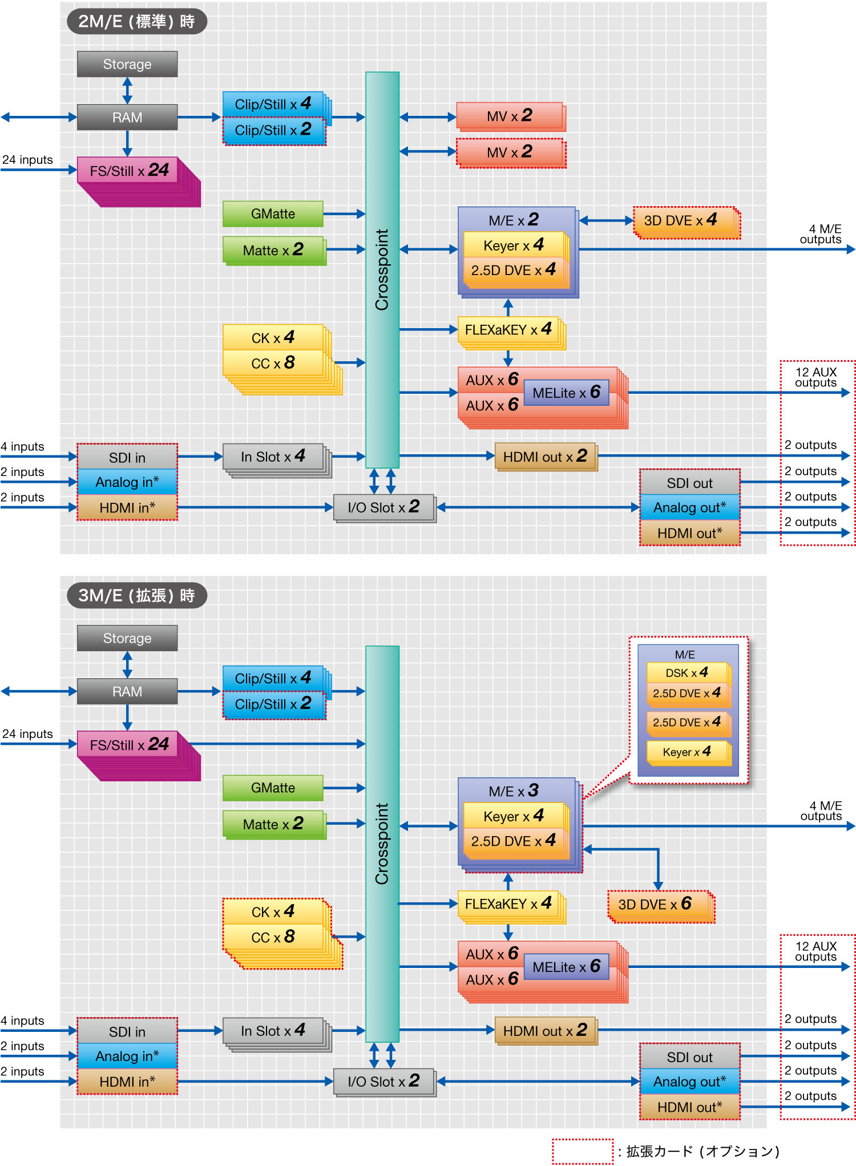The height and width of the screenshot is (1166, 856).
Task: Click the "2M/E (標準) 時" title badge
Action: (x=137, y=22)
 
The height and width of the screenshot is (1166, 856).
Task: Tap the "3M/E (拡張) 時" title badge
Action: (x=137, y=596)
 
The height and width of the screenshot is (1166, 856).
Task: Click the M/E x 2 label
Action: (x=514, y=220)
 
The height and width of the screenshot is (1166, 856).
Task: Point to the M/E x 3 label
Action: (x=514, y=790)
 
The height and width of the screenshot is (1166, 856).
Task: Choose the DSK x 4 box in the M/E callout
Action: (x=687, y=673)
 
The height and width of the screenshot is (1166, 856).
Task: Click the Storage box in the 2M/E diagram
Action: (x=127, y=64)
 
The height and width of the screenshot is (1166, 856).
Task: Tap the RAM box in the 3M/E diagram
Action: (x=127, y=691)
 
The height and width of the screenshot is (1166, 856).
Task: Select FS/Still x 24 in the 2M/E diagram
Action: (x=130, y=171)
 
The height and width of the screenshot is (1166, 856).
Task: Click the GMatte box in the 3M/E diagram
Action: (x=273, y=788)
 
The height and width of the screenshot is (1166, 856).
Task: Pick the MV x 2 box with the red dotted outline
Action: (x=510, y=152)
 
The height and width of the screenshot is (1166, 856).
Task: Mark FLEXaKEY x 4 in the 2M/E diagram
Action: (x=508, y=330)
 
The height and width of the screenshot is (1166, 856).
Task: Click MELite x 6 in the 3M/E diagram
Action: (x=566, y=967)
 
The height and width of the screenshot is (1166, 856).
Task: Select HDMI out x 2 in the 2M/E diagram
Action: (x=545, y=457)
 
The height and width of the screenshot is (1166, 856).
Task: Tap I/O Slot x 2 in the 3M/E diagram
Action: (x=383, y=1081)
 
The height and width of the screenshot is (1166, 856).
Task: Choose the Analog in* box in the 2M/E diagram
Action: (x=127, y=482)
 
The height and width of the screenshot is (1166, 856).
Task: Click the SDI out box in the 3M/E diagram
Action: (x=689, y=1057)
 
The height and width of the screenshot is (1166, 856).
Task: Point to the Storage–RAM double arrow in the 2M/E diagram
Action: (x=127, y=91)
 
